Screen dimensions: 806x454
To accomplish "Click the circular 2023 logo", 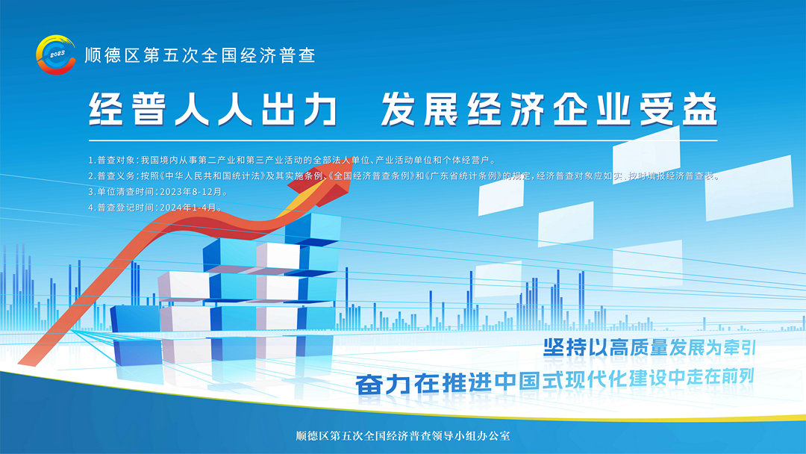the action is (x=55, y=55).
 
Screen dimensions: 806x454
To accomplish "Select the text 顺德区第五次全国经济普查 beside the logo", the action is (x=200, y=55).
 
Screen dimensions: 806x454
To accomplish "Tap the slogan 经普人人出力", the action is (x=212, y=109).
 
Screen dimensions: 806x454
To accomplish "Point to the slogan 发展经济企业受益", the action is (x=549, y=109).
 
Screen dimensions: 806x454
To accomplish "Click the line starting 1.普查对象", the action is (x=292, y=161).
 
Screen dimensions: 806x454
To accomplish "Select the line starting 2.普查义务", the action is (x=404, y=175).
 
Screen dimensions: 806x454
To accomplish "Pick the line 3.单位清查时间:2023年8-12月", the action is (x=157, y=192).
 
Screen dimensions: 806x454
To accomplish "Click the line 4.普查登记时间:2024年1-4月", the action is (x=155, y=208).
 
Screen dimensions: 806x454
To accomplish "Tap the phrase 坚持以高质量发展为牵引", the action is (x=650, y=348).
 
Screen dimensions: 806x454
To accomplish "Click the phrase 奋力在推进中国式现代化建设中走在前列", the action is (x=555, y=382).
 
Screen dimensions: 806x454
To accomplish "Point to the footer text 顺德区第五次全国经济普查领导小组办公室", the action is (x=403, y=436).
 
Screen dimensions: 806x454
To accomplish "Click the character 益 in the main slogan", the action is (x=699, y=109).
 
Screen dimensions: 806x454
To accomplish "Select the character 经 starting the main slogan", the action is (x=106, y=109).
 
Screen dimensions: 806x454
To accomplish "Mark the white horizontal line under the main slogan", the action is (x=403, y=140).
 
